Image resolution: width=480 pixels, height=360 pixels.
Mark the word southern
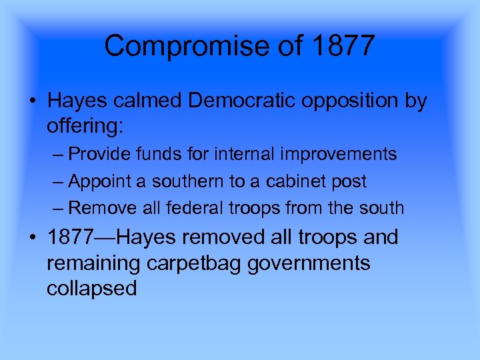(x=196, y=181)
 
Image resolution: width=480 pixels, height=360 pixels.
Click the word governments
(x=309, y=263)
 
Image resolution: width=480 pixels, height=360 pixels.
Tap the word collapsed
(x=91, y=289)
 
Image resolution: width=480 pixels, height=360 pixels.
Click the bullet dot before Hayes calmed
(x=33, y=101)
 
